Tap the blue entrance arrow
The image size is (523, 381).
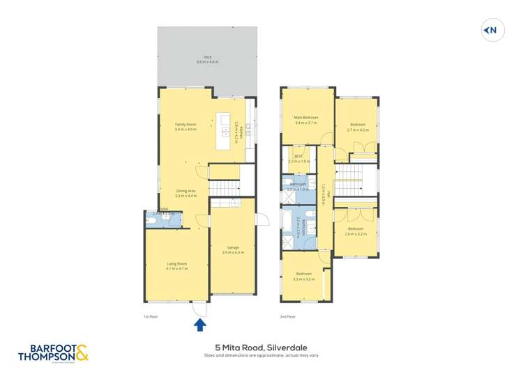200,324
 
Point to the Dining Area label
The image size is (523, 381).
186,193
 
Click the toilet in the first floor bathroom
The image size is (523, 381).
152,221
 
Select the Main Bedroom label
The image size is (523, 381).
307,118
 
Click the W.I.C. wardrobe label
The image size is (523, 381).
298,157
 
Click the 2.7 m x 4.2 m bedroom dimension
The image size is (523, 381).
357,130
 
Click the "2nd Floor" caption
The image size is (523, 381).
287,317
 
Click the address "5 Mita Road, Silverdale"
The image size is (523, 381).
261,346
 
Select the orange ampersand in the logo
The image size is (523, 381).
82,352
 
